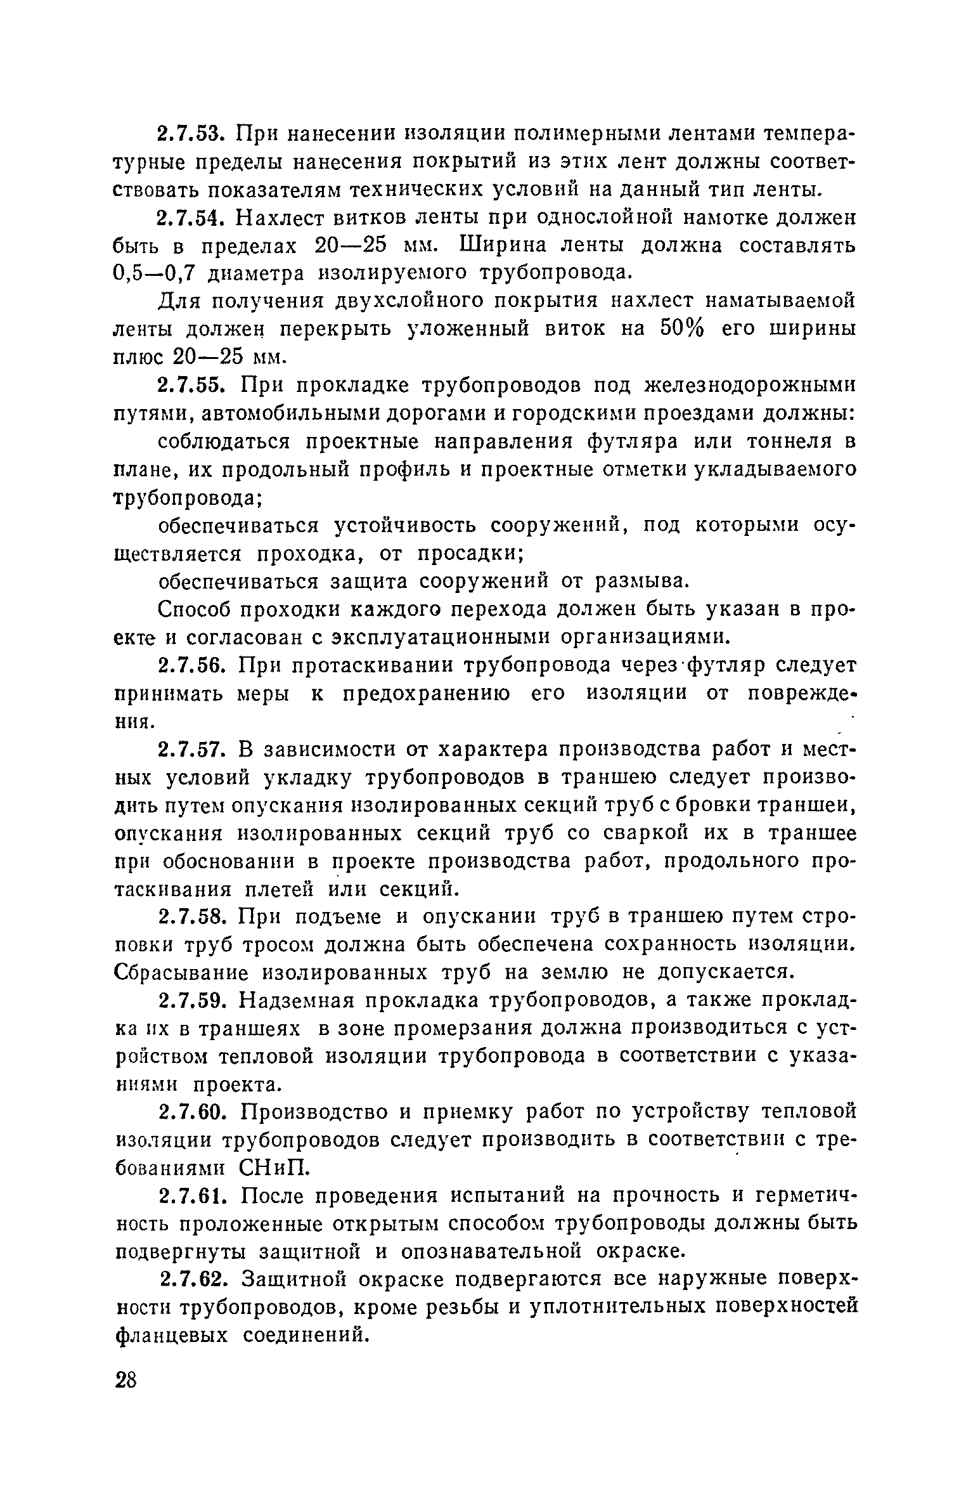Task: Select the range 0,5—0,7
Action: [x=152, y=273]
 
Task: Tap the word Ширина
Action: [x=503, y=245]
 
